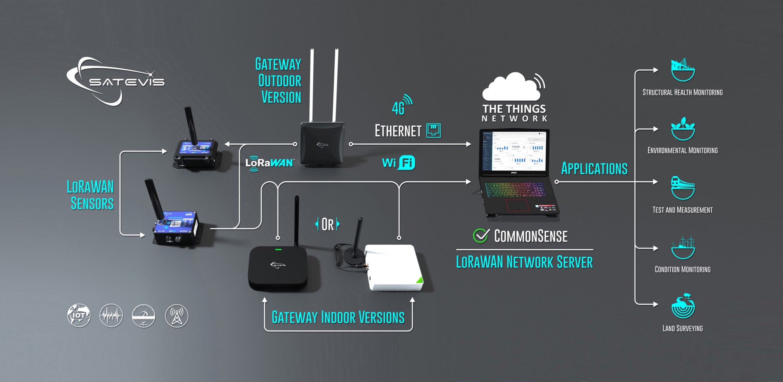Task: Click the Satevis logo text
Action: [127, 82]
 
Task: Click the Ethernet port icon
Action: [433, 131]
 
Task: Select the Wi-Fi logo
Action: [399, 163]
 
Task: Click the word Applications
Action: [594, 169]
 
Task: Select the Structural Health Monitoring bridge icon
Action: [683, 70]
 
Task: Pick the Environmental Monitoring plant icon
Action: [683, 129]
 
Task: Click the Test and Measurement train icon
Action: [683, 188]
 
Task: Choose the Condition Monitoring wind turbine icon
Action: [683, 247]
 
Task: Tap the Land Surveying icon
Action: [683, 306]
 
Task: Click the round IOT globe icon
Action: [79, 315]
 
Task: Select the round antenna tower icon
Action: [176, 316]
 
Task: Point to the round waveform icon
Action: [111, 315]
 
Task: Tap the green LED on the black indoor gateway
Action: [278, 249]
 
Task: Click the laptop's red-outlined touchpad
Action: [517, 205]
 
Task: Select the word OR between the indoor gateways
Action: [327, 225]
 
